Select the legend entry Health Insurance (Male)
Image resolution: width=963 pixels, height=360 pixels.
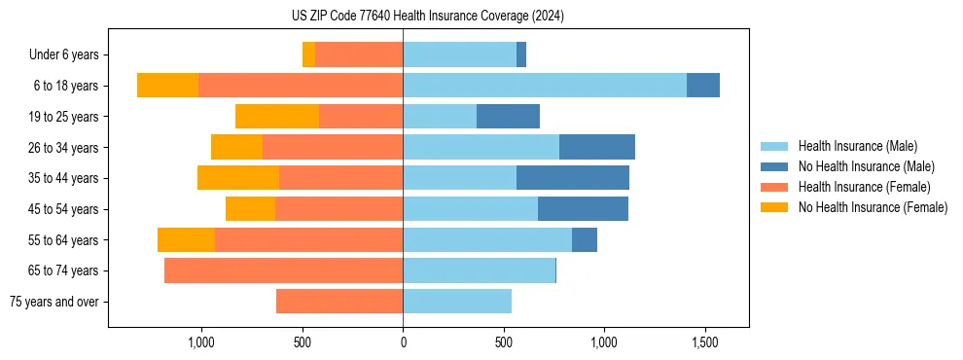[857, 146]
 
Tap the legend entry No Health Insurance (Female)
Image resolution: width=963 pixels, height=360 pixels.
[873, 207]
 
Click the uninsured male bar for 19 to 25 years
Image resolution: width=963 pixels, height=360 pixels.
[508, 117]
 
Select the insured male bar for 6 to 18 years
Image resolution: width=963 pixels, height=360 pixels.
[545, 86]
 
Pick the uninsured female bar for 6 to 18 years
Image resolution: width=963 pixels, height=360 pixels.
[167, 86]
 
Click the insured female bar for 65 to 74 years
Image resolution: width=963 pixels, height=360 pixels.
[283, 270]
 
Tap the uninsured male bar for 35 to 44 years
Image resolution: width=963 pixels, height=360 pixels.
[573, 178]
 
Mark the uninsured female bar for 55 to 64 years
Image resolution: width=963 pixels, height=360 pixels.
[186, 239]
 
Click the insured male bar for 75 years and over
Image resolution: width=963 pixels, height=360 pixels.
[457, 302]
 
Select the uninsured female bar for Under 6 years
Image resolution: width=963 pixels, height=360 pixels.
[308, 55]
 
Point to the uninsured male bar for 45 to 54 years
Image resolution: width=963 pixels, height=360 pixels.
[583, 209]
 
